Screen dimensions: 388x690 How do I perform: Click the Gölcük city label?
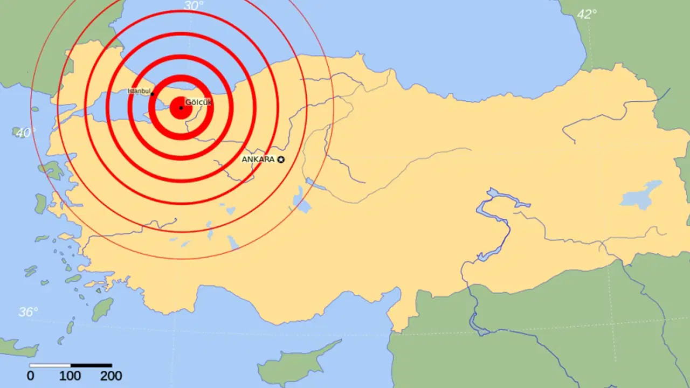tap(199, 102)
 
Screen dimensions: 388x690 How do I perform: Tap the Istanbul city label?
tap(139, 91)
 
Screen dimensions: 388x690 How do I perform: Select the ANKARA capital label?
tap(258, 160)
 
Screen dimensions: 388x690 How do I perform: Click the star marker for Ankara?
tap(280, 160)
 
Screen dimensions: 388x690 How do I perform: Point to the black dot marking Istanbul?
tap(152, 94)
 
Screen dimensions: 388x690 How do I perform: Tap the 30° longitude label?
tap(194, 6)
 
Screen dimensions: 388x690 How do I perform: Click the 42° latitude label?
tap(586, 15)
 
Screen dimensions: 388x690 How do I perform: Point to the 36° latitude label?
tap(28, 311)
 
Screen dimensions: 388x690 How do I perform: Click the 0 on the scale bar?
tap(31, 376)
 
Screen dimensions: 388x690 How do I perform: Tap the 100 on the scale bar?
tap(70, 376)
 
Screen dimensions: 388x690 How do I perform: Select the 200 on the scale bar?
tap(111, 376)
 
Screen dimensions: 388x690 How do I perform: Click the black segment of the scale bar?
tap(91, 365)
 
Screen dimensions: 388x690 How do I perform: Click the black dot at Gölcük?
tap(181, 108)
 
